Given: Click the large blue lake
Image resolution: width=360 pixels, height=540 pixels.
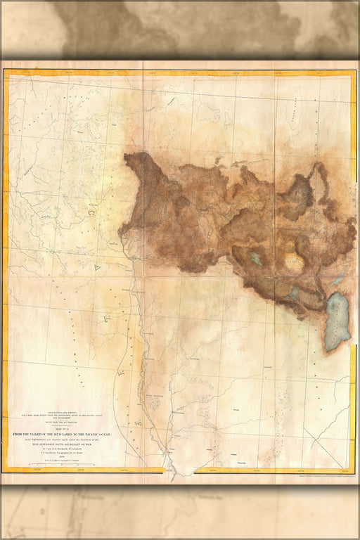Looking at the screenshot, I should point(337,320).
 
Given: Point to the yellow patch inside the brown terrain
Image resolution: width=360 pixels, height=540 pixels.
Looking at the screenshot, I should point(294,262).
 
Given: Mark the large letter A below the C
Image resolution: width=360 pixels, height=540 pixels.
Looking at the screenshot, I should point(98,267).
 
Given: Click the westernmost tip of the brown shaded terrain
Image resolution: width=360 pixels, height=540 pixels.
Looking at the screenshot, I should point(120,230).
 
